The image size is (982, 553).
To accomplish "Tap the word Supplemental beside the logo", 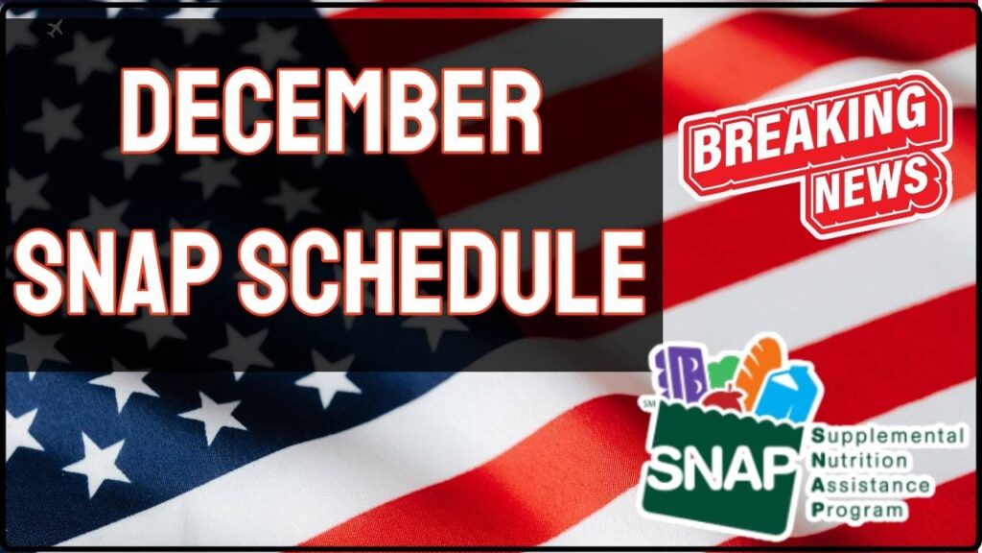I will point(888,436).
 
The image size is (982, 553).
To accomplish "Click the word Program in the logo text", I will point(857,510).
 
